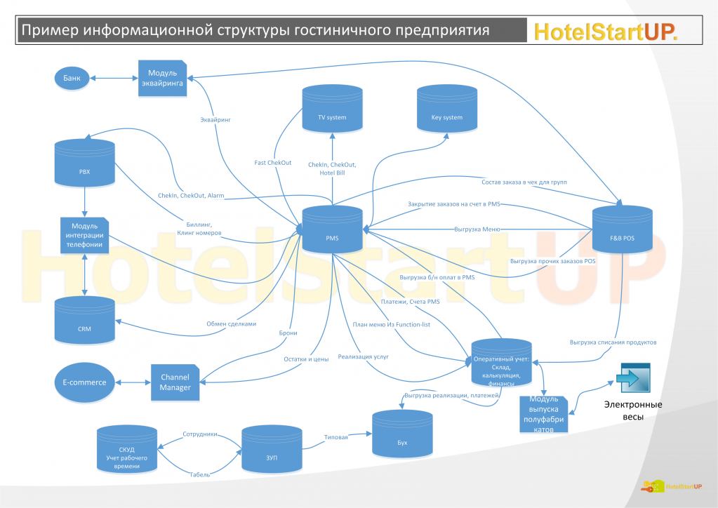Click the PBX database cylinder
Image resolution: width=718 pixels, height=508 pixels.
tap(85, 163)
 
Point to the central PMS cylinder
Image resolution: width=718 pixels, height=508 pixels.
tap(332, 232)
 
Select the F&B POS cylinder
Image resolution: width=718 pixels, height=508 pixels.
tap(623, 232)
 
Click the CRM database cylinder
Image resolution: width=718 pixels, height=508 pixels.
tap(85, 322)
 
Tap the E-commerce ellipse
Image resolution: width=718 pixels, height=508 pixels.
tap(84, 382)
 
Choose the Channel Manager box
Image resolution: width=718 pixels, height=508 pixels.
tap(175, 382)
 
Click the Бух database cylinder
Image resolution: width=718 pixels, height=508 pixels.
tap(402, 435)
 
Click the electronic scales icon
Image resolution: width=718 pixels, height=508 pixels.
tap(634, 379)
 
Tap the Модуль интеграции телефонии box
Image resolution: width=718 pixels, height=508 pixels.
tap(85, 234)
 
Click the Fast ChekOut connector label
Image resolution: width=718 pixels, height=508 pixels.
tap(273, 163)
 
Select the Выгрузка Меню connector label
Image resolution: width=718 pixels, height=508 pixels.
tap(477, 228)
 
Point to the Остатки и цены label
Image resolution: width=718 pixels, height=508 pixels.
tap(305, 359)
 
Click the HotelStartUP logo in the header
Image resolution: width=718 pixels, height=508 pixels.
tap(605, 31)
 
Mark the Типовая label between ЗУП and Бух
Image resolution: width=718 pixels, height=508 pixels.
tap(335, 437)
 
